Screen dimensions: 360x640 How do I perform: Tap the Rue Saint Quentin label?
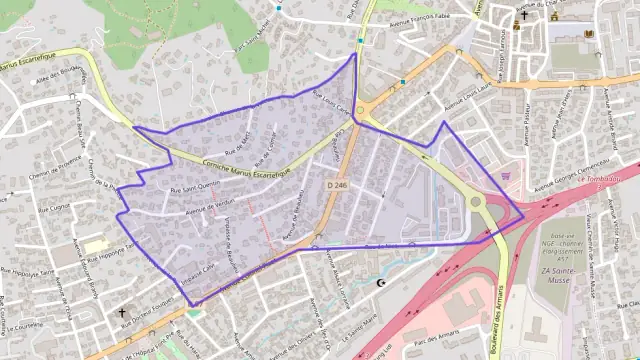194,186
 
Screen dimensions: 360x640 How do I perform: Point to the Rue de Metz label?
237,144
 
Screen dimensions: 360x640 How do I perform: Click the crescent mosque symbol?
379,283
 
